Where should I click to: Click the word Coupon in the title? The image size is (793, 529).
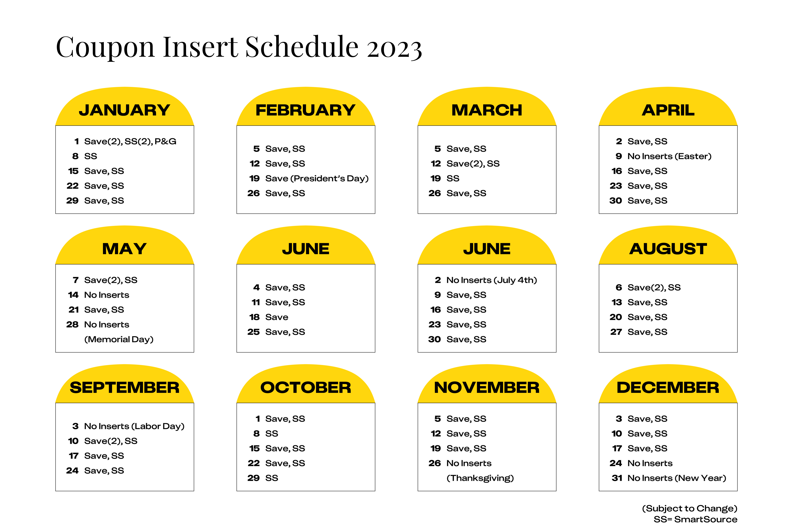(105, 47)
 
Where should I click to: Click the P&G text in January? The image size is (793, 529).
(165, 141)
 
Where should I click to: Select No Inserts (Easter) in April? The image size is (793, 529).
(669, 156)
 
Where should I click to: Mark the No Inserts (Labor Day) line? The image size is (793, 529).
(134, 426)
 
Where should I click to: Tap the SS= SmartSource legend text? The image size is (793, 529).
(695, 519)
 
